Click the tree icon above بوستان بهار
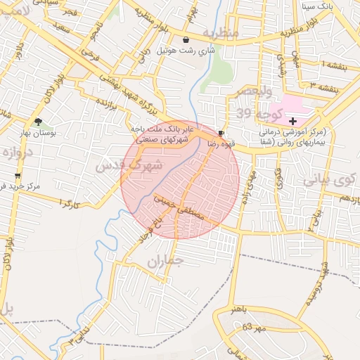click(38, 121)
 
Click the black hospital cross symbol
click(292, 122)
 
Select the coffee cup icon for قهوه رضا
click(221, 133)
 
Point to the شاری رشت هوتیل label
click(185, 51)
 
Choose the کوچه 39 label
click(254, 113)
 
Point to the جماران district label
click(167, 262)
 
